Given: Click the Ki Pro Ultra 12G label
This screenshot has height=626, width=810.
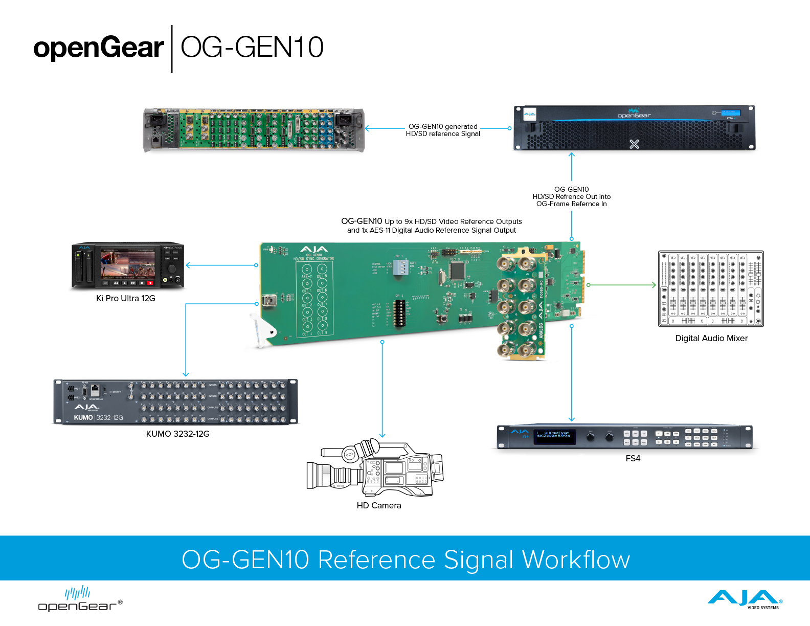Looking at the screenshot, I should pyautogui.click(x=126, y=298).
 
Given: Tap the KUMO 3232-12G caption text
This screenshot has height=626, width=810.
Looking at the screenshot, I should pyautogui.click(x=177, y=434).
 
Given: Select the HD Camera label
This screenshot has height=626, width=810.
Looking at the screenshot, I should pyautogui.click(x=379, y=505).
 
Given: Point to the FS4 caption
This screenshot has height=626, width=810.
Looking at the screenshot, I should pyautogui.click(x=633, y=458).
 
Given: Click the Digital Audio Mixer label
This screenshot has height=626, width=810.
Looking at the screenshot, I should pyautogui.click(x=711, y=338).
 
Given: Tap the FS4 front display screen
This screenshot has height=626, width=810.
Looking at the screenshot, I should pyautogui.click(x=555, y=436).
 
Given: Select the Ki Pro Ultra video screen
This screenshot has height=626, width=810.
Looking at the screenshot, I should pyautogui.click(x=128, y=264).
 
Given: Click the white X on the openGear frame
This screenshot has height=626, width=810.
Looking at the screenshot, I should pyautogui.click(x=634, y=144).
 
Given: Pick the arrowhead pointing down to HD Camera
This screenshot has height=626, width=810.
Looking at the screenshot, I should pyautogui.click(x=382, y=435).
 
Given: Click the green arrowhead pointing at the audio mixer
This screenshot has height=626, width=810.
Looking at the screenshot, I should pyautogui.click(x=654, y=285).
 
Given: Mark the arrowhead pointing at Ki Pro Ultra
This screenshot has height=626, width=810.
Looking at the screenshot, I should pyautogui.click(x=188, y=265).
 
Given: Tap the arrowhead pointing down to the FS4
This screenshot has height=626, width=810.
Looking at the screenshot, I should pyautogui.click(x=572, y=419).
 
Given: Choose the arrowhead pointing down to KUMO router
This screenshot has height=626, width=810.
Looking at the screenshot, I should pyautogui.click(x=186, y=374).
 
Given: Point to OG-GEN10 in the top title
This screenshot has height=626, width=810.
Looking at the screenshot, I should pyautogui.click(x=252, y=48).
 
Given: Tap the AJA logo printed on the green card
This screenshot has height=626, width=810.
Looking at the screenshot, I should pyautogui.click(x=314, y=250).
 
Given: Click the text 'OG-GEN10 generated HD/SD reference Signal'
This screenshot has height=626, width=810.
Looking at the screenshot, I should pyautogui.click(x=443, y=130).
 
